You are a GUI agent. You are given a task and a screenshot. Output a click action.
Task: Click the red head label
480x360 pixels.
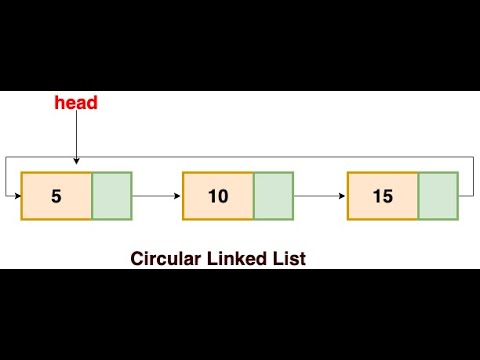(x=75, y=103)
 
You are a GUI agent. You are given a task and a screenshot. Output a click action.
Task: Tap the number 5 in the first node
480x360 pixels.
(x=56, y=196)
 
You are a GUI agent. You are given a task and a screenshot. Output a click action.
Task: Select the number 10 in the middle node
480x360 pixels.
(x=218, y=196)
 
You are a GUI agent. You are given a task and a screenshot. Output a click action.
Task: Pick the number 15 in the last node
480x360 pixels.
(x=382, y=196)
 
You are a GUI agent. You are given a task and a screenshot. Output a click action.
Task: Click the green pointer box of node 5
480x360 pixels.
(x=112, y=196)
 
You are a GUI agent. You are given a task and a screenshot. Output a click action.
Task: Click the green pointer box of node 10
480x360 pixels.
(x=273, y=196)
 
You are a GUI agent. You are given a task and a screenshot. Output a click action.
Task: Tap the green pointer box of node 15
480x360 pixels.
(x=437, y=196)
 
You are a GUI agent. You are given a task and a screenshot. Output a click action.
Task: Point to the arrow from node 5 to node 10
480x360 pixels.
(x=156, y=197)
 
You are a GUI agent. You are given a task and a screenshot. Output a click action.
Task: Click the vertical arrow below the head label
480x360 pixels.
(x=75, y=140)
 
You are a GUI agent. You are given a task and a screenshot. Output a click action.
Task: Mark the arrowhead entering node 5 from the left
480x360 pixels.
(x=16, y=197)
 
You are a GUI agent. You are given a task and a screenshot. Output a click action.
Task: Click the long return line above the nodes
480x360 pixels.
(x=240, y=157)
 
